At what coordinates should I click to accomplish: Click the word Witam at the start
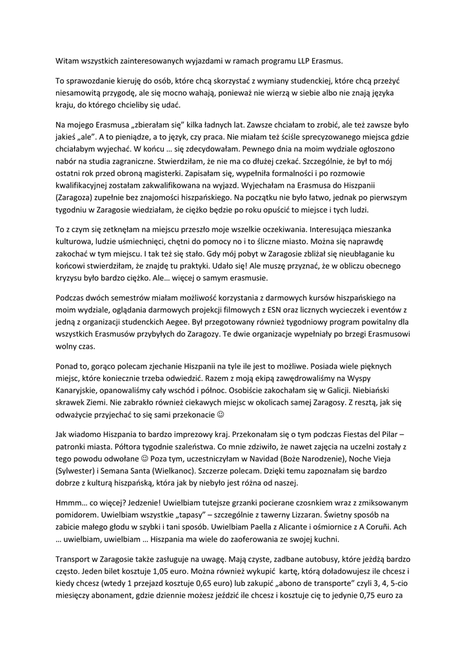68,61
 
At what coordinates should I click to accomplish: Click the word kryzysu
72,278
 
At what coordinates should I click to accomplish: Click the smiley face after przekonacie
221,414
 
